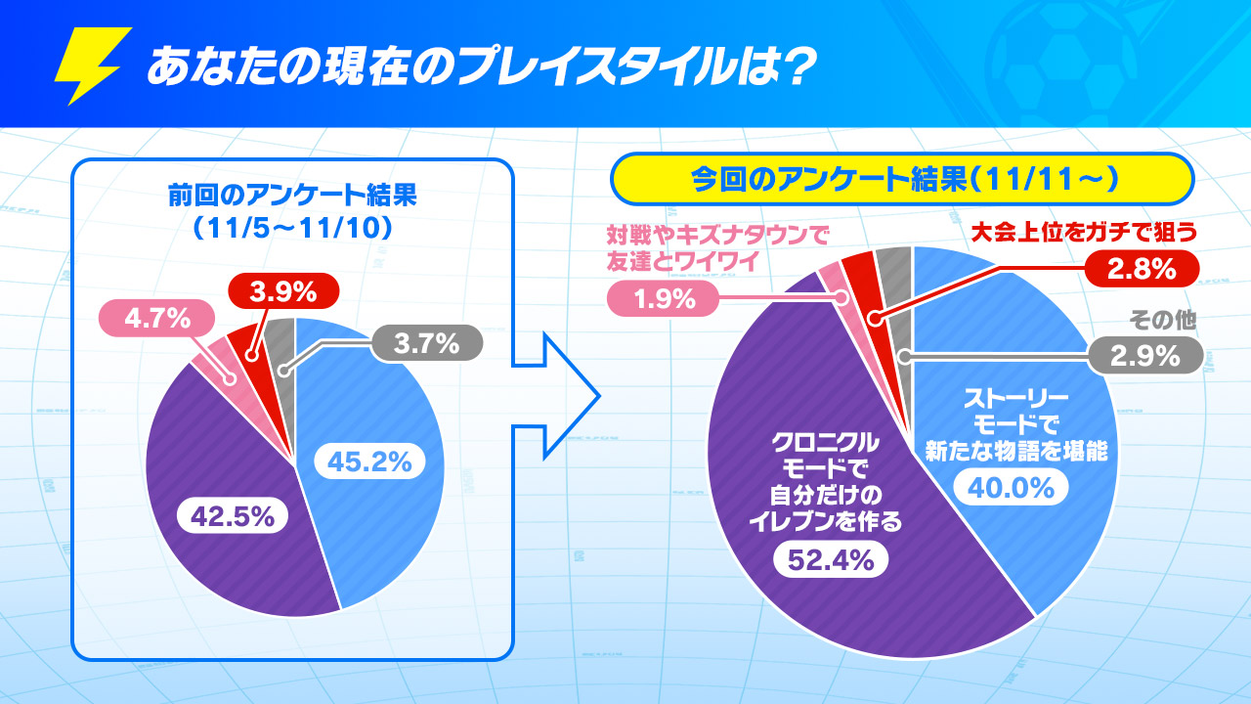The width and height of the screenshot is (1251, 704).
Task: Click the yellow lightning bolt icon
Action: coord(93,66)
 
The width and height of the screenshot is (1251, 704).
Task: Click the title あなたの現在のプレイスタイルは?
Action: coord(479,68)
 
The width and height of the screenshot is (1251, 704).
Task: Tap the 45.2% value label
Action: coord(369,461)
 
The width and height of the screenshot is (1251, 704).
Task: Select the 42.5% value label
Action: coord(232,515)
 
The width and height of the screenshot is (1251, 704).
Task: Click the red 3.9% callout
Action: coord(282,290)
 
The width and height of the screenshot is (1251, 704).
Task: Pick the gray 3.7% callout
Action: coord(426,343)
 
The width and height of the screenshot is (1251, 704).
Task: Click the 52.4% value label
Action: coord(831,559)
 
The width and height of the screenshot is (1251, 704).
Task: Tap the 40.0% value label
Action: coord(1012,486)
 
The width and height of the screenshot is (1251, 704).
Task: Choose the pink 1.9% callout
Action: coord(664,298)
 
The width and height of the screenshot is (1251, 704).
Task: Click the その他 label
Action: coord(1162,320)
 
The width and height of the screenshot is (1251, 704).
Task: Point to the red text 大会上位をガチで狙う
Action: coord(1084,233)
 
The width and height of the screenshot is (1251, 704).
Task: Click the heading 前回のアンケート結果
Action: coord(292,196)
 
